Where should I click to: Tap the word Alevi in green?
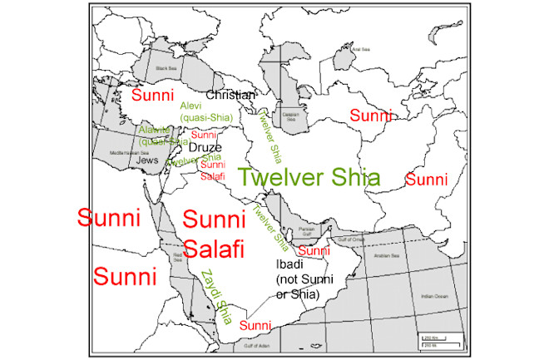pyautogui.click(x=190, y=106)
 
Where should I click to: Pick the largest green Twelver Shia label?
pyautogui.click(x=308, y=177)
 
